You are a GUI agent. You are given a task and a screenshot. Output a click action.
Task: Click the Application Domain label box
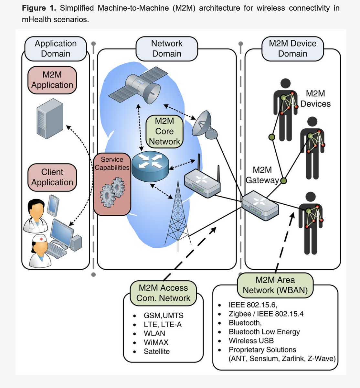(56, 48)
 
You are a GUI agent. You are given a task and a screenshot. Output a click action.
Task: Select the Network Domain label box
(167, 48)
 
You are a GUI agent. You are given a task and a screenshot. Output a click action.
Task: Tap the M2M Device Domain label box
(292, 48)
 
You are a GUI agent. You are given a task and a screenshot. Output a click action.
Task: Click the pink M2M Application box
(52, 80)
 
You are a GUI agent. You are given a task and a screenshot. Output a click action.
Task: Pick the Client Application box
(52, 177)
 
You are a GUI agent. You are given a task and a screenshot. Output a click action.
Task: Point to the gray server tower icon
(50, 119)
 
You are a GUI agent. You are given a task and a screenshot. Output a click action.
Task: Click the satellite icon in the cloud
(138, 86)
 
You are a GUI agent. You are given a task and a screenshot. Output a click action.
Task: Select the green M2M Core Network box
(164, 131)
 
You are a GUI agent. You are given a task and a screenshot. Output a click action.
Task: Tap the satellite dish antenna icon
(205, 125)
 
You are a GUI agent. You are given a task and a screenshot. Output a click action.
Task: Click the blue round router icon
(150, 166)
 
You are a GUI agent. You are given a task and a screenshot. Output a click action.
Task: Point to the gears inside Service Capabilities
(112, 192)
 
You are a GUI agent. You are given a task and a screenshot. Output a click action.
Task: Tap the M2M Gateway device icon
(260, 206)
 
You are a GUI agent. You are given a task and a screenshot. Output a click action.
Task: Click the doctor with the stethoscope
(36, 215)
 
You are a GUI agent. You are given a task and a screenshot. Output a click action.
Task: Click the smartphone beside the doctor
(53, 206)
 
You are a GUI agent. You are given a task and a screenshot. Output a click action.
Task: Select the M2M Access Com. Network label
(163, 293)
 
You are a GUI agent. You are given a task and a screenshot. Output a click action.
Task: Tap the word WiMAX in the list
(156, 342)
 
